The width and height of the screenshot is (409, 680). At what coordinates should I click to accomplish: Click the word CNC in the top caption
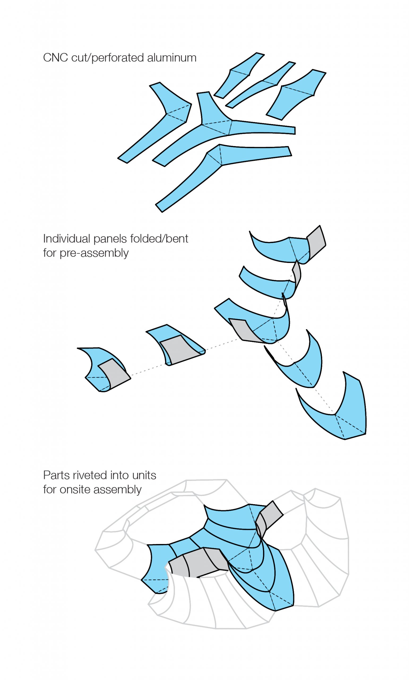tap(55, 58)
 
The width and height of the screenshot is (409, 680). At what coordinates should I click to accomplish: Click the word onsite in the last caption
tap(75, 490)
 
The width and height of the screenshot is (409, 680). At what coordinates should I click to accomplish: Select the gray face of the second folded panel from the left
tap(180, 349)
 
